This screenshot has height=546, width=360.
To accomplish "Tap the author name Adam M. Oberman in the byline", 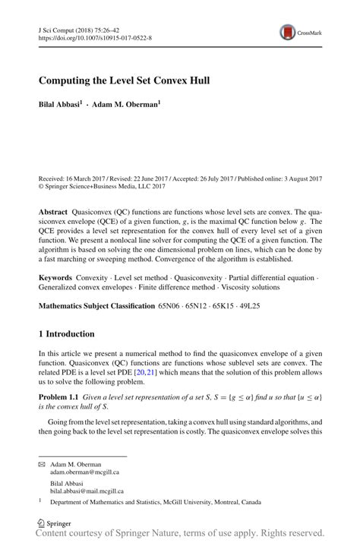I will click(126, 104).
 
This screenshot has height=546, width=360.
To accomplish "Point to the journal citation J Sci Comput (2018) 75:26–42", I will click(80, 27).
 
